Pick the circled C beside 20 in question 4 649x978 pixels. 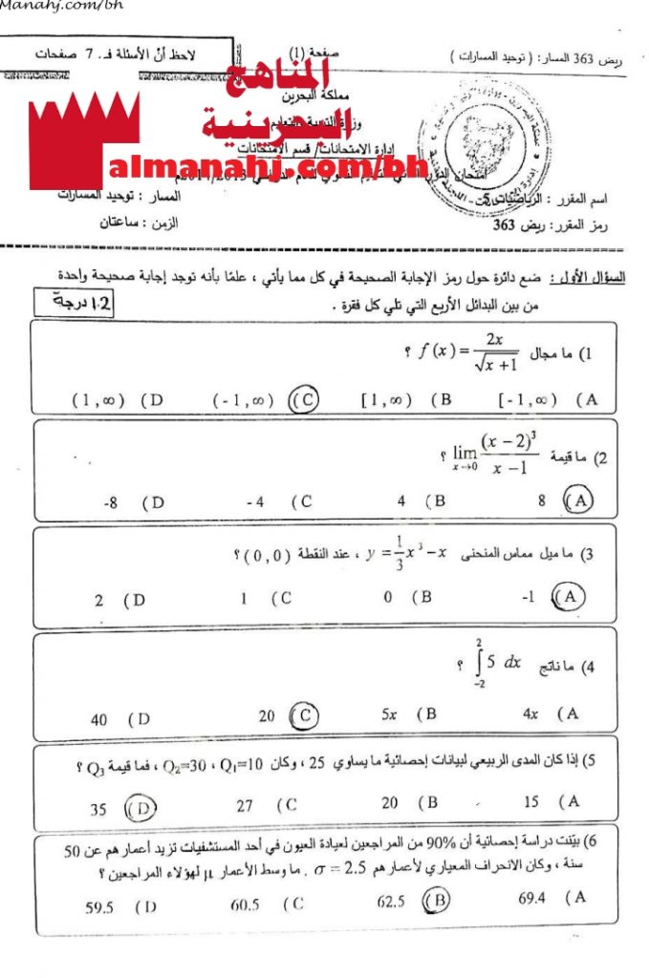tap(304, 714)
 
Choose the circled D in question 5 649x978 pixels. tap(141, 809)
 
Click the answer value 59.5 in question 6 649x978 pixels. tap(99, 907)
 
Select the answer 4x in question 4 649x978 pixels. tap(531, 713)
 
